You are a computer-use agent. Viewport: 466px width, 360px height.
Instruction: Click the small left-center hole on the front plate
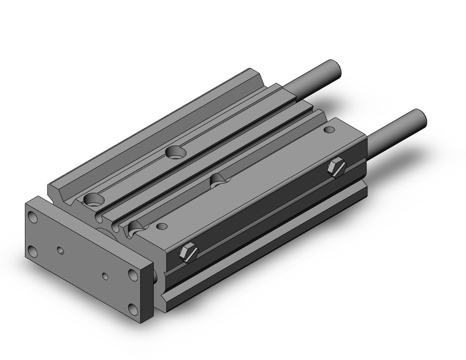coord(60,250)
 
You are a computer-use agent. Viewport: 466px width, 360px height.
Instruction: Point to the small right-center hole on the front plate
coord(105,277)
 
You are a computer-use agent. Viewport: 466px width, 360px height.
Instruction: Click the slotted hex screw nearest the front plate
coord(189,252)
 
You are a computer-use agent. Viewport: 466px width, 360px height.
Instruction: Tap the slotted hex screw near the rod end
coord(337,167)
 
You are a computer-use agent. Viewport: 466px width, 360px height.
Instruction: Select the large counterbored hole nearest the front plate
coord(94,199)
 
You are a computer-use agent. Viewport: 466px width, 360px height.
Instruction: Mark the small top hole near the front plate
coord(162,226)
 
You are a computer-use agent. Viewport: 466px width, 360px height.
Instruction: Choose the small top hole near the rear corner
coord(330,130)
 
